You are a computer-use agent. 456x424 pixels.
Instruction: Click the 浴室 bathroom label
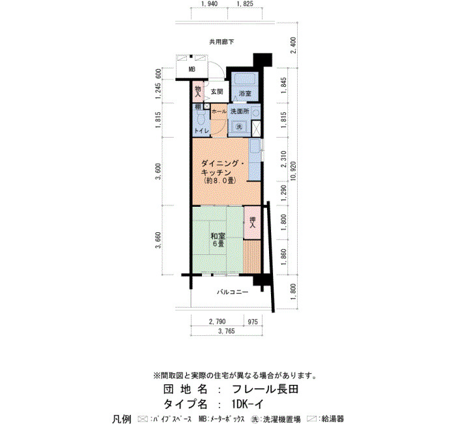coord(245,94)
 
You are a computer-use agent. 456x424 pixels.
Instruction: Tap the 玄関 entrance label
coord(217,92)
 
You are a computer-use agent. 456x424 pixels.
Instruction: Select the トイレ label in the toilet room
coord(202,131)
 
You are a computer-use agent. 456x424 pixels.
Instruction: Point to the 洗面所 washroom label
coord(240,112)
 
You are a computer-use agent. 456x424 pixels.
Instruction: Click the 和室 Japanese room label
coord(218,236)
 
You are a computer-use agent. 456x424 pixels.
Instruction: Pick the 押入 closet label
coord(252,222)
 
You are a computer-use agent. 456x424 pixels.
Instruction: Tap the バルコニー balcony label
coord(233,292)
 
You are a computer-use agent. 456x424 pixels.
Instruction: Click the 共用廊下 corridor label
coord(221,42)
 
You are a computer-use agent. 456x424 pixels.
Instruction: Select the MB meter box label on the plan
coord(192,69)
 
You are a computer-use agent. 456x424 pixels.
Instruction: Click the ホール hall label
coord(219,112)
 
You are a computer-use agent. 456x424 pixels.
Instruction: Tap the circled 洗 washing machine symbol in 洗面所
coord(239,127)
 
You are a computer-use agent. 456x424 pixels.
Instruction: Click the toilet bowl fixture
coord(201,119)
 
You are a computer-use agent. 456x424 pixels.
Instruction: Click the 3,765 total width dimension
coord(226,331)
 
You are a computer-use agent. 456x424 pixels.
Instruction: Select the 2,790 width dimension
coord(217,322)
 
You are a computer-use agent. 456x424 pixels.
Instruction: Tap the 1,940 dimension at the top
coord(209,4)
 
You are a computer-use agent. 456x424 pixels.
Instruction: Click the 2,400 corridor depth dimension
coord(294,45)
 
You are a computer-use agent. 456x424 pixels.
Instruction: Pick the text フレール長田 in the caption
coord(265,389)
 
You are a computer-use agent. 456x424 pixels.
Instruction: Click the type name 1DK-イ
coord(248,404)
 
